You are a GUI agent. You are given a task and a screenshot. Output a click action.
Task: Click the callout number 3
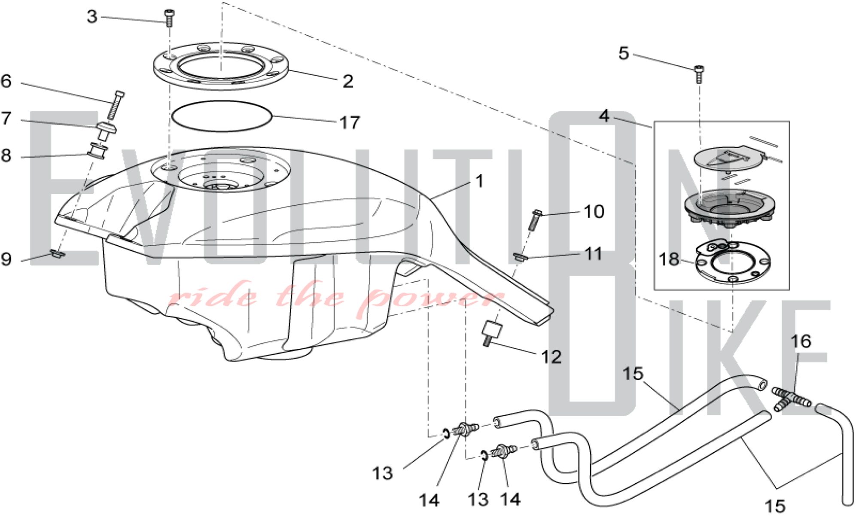click(92, 17)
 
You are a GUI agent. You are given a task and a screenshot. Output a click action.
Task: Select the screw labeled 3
click(169, 18)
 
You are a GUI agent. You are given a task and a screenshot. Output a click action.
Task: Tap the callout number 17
click(350, 123)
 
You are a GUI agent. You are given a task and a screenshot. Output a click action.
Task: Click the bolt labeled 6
click(116, 105)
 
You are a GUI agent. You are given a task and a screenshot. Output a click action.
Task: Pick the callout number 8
click(6, 155)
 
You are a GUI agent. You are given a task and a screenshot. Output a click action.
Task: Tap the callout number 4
click(604, 116)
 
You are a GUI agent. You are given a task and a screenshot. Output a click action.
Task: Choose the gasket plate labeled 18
click(733, 262)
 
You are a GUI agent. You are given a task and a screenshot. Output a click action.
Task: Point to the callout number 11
click(594, 254)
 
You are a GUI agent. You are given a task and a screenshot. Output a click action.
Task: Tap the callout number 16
click(801, 341)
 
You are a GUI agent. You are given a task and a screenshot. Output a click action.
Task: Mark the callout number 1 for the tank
click(480, 181)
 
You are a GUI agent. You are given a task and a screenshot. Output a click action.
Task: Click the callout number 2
click(348, 81)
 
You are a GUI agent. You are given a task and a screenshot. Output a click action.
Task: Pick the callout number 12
click(551, 357)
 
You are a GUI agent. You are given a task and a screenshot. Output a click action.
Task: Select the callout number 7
click(6, 118)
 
